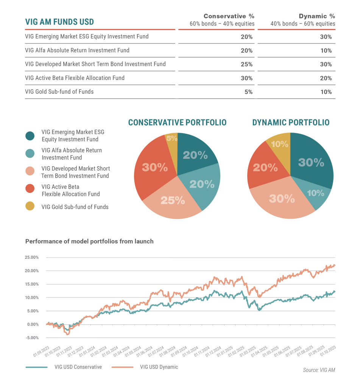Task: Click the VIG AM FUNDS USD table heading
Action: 59,22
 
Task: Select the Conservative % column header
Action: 229,16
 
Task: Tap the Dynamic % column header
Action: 317,16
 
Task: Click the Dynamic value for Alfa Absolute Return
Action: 326,50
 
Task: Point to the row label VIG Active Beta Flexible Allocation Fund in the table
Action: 75,78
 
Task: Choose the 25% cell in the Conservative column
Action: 247,64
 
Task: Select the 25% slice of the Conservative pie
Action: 173,200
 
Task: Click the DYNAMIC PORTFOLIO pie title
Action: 291,123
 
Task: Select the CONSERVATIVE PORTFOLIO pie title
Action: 177,123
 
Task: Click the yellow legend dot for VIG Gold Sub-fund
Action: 30,207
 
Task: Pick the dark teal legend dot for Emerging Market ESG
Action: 30,135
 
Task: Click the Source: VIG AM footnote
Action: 319,370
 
